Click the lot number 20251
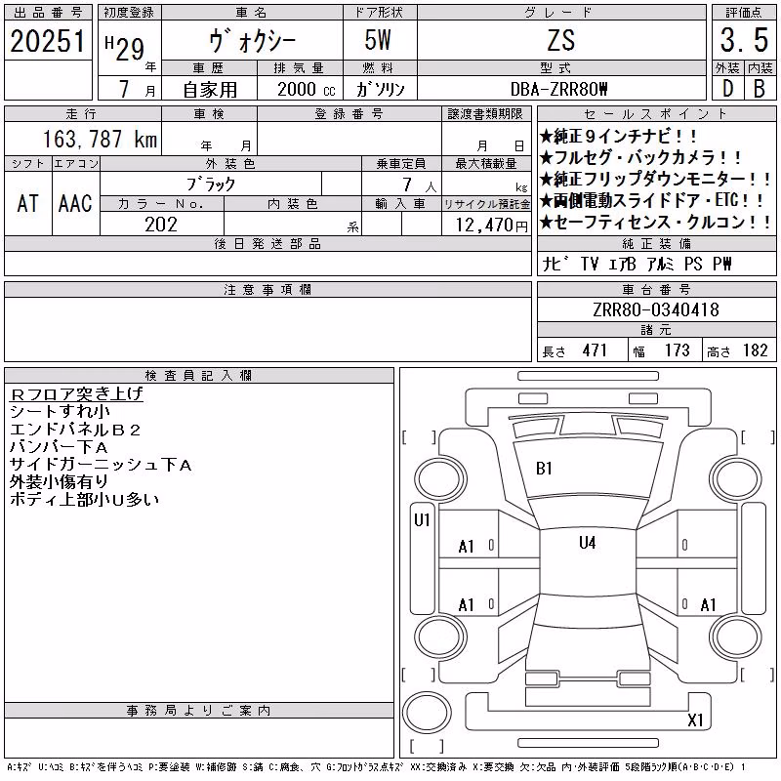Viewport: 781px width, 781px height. (48, 41)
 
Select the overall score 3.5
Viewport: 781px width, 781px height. (744, 40)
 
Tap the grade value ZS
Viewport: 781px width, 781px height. (561, 40)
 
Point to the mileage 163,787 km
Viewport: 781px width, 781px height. (100, 139)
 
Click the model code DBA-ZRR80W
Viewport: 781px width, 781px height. (558, 89)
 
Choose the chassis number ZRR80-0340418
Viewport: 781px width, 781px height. (656, 309)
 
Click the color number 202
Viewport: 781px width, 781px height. (161, 225)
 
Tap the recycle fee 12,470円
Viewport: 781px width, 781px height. (491, 226)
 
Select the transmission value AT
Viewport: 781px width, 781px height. (27, 203)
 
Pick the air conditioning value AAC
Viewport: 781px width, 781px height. (75, 203)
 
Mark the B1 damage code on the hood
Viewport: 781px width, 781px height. (544, 469)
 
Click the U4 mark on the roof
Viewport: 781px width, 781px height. (588, 543)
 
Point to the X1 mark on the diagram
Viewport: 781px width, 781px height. (695, 719)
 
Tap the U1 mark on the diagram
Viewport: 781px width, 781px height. (422, 520)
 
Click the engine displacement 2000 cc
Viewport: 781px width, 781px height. (307, 89)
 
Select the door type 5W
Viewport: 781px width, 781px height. (378, 40)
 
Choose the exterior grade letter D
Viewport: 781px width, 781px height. (727, 89)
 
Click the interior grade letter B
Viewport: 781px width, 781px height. (760, 89)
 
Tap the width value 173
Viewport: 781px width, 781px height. (677, 350)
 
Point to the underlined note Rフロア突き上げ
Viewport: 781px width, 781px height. (76, 394)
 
